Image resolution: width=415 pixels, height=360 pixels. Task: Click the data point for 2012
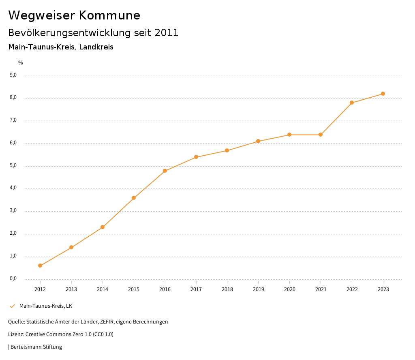tap(40, 266)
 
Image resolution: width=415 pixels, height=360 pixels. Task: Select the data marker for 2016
tap(165, 171)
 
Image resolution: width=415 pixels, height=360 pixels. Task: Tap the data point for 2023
tap(383, 94)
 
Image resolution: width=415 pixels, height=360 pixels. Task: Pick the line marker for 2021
tap(321, 135)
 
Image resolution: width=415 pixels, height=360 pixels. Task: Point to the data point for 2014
tap(103, 227)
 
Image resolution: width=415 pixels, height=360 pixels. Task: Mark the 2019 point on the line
tap(258, 141)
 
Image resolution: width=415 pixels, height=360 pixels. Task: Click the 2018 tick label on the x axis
tap(227, 289)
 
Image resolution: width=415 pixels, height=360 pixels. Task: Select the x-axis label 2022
tap(352, 289)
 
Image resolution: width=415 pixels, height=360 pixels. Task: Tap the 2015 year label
tap(134, 289)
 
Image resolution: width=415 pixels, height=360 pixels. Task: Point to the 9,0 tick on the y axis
tap(13, 75)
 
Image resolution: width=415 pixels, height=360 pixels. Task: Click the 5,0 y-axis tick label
tap(13, 165)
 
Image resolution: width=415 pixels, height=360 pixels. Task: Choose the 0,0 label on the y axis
tap(13, 279)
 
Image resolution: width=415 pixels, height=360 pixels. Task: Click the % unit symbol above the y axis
tap(21, 62)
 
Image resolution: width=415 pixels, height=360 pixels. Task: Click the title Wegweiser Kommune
tap(74, 15)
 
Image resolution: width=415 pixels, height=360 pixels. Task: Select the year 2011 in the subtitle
tap(167, 33)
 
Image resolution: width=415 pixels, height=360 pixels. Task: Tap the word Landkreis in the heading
tap(96, 47)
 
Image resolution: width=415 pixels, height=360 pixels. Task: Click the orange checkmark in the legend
tap(12, 306)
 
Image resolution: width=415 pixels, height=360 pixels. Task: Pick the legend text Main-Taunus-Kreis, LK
tap(46, 306)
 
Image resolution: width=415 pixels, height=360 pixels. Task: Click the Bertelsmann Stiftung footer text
tap(36, 347)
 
